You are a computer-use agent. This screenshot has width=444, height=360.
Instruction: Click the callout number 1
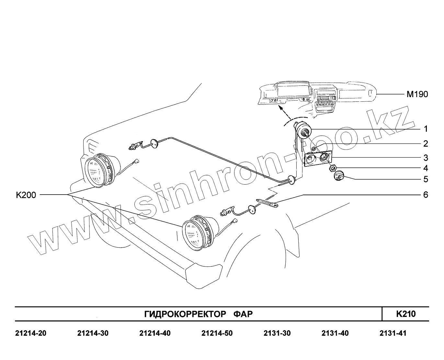(x=426, y=129)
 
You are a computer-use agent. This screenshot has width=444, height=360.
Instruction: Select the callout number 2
(x=426, y=143)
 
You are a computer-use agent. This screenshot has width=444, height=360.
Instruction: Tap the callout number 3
(x=426, y=158)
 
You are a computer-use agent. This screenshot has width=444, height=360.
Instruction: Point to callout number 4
(x=426, y=168)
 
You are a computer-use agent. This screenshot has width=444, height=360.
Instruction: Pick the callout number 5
(x=426, y=179)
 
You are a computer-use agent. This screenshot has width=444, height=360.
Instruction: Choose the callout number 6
(x=426, y=195)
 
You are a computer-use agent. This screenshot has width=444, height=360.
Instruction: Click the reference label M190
(x=417, y=94)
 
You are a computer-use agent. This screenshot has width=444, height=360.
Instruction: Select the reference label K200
(x=26, y=195)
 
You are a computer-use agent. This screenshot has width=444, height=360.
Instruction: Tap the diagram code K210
(x=406, y=314)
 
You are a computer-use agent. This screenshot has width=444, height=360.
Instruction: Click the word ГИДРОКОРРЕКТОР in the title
(x=185, y=314)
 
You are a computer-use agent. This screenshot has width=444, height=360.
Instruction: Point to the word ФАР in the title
(x=243, y=314)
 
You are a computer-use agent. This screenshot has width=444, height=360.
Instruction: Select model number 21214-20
(x=31, y=333)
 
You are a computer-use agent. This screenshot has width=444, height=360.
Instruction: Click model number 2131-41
(x=393, y=333)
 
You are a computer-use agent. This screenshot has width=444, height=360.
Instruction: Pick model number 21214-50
(x=217, y=333)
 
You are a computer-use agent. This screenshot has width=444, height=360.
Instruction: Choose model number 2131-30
(x=277, y=333)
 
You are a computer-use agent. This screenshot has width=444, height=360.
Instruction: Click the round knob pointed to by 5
(x=339, y=176)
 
